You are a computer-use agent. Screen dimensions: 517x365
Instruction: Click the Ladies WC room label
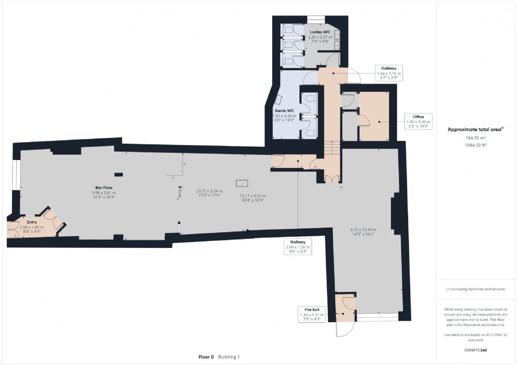point(320,32)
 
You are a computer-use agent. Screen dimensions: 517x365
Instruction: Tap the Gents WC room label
point(284,111)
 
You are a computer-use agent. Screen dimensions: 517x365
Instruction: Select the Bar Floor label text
point(104,188)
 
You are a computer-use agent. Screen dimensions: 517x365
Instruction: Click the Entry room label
point(32,222)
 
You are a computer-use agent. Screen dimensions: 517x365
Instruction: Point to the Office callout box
point(418,121)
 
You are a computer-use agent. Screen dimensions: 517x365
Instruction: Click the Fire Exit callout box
point(312,314)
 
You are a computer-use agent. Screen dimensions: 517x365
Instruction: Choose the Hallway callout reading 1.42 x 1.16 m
point(389,73)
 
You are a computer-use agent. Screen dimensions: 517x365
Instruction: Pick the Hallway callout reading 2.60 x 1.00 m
point(298,247)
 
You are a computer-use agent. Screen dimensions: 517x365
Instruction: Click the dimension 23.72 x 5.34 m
point(209,191)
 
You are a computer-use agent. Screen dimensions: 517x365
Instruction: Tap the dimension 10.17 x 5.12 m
point(253,196)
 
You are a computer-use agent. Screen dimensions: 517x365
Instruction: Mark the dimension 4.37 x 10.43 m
point(363,230)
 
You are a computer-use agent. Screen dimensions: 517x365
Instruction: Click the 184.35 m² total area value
point(476,138)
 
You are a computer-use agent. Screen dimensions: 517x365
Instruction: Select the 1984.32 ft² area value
point(476,145)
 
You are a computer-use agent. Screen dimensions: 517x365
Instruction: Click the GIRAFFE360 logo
point(476,350)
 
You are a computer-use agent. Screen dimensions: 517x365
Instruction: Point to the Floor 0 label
point(206,357)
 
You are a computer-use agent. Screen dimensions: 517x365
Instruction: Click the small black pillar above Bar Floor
point(119,175)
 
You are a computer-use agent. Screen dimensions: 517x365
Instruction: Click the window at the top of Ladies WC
point(316,19)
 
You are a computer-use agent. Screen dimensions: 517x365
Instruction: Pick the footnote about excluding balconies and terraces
point(476,289)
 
